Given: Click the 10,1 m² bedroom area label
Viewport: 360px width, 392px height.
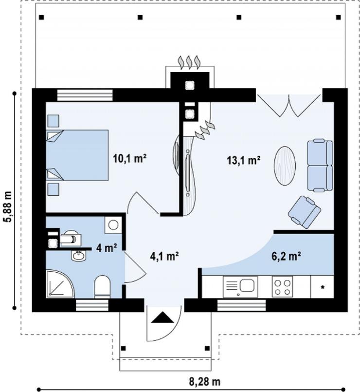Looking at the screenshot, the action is tap(129, 158).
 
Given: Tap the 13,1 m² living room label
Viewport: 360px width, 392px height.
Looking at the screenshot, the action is tap(244, 160).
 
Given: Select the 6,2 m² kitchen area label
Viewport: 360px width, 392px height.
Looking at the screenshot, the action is tap(286, 256).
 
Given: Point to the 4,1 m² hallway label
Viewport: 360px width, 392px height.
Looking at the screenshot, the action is tap(164, 256).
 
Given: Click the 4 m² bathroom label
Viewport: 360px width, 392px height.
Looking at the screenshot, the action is tap(107, 248).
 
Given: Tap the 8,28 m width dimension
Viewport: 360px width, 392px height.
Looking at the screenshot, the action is tap(205, 382).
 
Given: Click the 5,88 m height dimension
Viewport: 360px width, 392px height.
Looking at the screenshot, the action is tap(8, 207).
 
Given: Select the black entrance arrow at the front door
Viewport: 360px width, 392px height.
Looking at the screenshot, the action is tap(162, 317).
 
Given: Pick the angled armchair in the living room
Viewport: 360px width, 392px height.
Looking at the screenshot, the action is tap(304, 212).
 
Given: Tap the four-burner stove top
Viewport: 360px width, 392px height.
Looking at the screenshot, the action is tap(282, 287).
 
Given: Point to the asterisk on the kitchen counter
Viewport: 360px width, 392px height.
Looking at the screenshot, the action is tap(322, 287).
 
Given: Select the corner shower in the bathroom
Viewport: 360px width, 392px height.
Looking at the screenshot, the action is tap(60, 284).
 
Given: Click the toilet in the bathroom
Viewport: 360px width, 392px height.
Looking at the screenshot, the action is tap(103, 287).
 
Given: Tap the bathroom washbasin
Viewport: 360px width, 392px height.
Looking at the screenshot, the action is tap(78, 256).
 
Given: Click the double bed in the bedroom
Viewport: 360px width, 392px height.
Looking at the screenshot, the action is tap(77, 155).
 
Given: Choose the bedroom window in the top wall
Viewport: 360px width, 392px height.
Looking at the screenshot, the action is tap(85, 95).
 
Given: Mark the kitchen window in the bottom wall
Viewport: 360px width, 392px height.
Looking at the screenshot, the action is tap(242, 305).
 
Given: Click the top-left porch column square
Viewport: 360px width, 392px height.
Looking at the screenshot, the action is tap(41, 17).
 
